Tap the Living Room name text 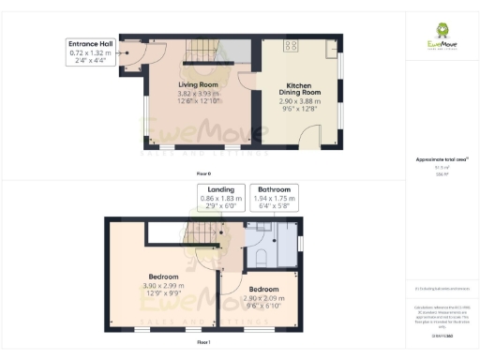[198, 84]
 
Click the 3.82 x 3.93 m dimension [198, 94]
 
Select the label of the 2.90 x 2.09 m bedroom [263, 290]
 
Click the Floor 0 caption [204, 173]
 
